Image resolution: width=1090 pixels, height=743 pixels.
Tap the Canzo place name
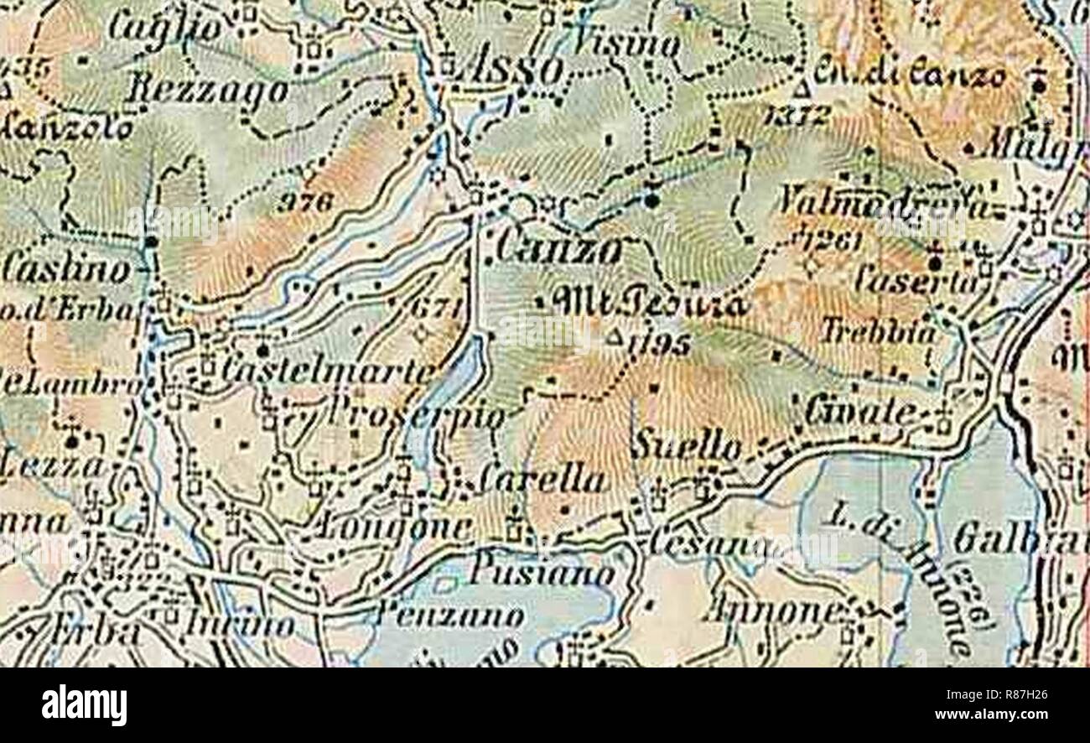coord(558,249)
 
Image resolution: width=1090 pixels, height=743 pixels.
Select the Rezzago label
coord(206,91)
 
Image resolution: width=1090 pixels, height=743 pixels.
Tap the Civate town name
coord(860,412)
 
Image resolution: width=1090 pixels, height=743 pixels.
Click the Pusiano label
coord(542,574)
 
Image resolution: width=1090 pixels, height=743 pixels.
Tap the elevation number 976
coord(306,202)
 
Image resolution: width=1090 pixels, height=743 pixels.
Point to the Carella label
coord(542,481)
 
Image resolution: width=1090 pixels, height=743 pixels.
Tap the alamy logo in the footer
coord(84,704)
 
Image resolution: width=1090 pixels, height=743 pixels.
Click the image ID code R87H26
coord(1004,694)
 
